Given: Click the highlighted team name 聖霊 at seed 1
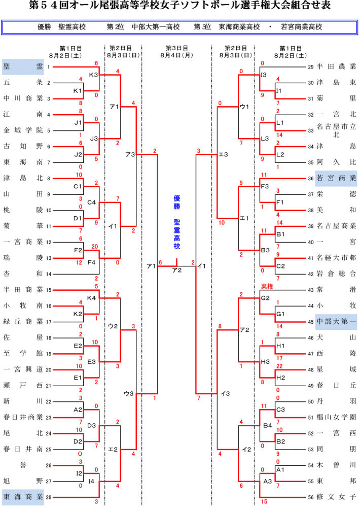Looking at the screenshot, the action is click(x=23, y=67).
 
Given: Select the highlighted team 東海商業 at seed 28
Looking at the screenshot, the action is click(x=23, y=497).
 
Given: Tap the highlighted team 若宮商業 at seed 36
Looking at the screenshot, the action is click(x=336, y=178).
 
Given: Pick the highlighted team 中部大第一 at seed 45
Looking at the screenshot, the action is click(x=336, y=322).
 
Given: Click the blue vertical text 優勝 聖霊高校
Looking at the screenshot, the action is click(x=177, y=222).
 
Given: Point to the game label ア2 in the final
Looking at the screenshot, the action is click(x=177, y=270).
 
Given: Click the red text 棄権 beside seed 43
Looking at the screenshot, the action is click(x=267, y=286).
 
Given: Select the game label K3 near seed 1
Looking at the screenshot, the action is click(x=94, y=75).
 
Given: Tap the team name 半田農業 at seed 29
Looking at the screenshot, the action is click(x=336, y=67).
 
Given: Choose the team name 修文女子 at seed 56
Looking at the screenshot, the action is click(x=336, y=497).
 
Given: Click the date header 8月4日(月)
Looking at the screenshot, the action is click(x=177, y=55).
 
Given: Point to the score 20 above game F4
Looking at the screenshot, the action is click(x=94, y=247).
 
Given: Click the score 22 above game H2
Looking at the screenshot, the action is click(x=279, y=366).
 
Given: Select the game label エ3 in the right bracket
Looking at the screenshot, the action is click(x=224, y=155).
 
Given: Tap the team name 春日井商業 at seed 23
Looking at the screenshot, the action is click(x=23, y=417).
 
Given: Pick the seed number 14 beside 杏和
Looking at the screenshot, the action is click(x=49, y=274).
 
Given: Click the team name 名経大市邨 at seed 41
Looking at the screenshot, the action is click(x=336, y=258).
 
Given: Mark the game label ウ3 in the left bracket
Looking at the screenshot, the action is click(x=129, y=394).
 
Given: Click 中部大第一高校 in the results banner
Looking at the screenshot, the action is click(x=156, y=27).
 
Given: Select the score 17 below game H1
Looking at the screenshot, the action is click(x=279, y=358).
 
